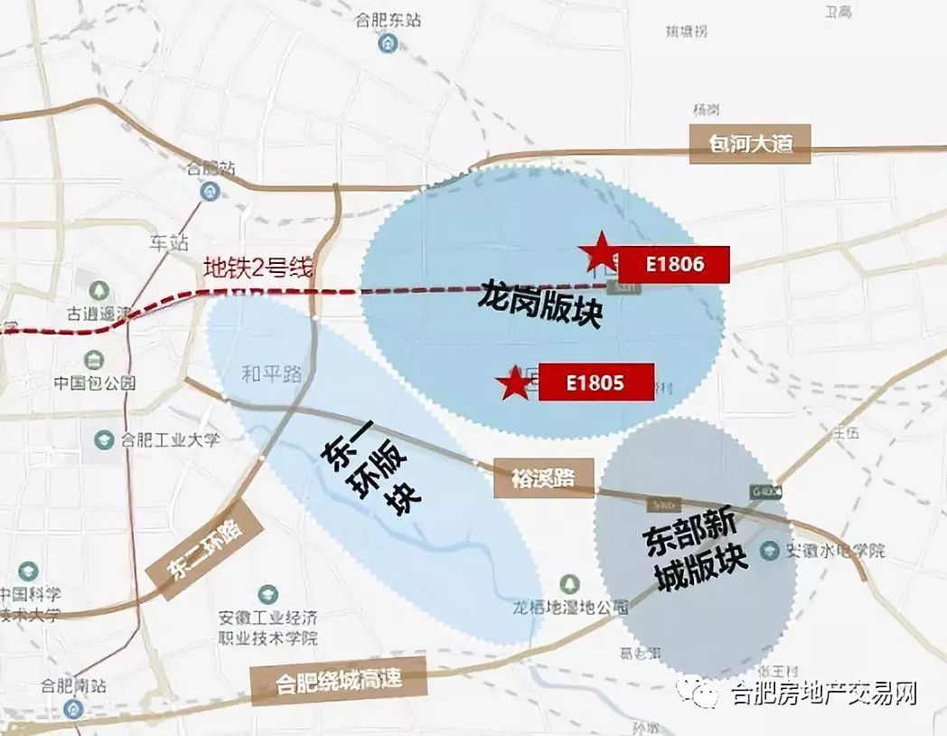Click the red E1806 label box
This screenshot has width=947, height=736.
[673, 264]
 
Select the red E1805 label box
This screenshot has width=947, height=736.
[595, 382]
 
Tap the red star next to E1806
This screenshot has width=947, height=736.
[599, 252]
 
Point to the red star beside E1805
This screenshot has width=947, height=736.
[516, 384]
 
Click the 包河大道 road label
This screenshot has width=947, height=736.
[749, 145]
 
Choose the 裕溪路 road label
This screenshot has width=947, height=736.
[545, 477]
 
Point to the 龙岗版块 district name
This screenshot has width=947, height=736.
[539, 307]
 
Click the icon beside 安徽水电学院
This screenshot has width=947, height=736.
[770, 550]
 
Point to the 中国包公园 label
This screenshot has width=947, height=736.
[94, 382]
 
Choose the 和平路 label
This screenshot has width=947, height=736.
[272, 373]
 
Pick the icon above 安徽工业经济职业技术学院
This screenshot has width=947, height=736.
[267, 595]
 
